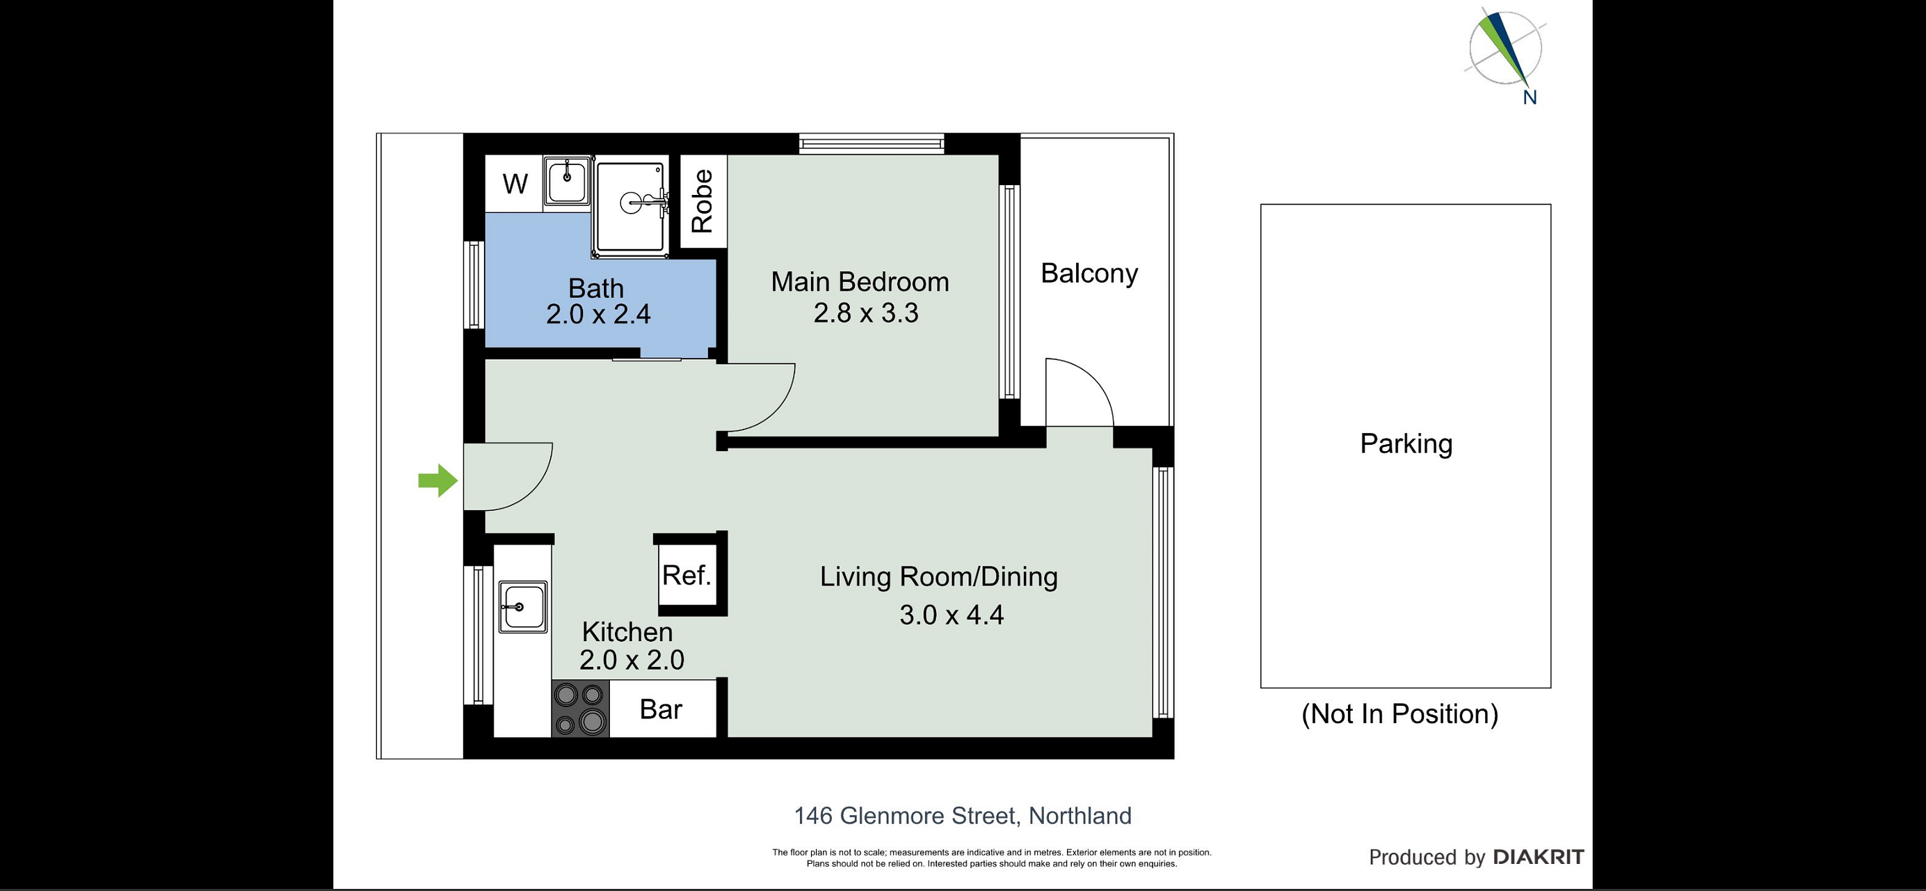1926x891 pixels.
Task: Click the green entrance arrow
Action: pos(438,480)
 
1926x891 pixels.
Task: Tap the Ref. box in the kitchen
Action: pos(687,574)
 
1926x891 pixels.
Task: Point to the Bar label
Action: pos(661,709)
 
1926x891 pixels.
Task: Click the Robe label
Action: pos(702,201)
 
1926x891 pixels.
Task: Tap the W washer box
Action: pos(515,184)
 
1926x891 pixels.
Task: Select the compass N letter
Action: pos(1530,97)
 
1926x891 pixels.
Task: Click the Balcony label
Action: pos(1089,274)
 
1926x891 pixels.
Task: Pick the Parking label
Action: pos(1406,443)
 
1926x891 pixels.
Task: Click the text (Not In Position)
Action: pos(1399,713)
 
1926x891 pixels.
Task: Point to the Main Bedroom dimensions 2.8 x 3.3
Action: pos(866,313)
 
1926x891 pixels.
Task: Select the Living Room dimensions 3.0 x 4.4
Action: pos(951,615)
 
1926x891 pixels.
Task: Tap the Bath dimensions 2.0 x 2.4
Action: pos(598,314)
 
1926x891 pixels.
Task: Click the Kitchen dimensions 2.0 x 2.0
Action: pos(632,660)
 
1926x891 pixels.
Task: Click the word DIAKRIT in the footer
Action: pos(1539,858)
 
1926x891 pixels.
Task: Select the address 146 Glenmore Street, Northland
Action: pos(963,815)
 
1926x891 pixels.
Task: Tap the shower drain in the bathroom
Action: pos(630,202)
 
